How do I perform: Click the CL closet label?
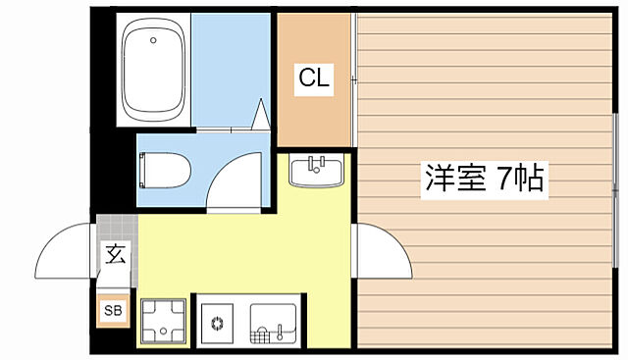coord(314,77)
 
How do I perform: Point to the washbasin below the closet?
coord(315,173)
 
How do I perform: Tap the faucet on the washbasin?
coord(315,162)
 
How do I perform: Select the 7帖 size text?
coord(520,180)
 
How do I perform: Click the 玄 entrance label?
coord(115,257)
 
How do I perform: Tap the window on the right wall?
coord(617,177)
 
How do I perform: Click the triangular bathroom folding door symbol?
coord(262,115)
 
